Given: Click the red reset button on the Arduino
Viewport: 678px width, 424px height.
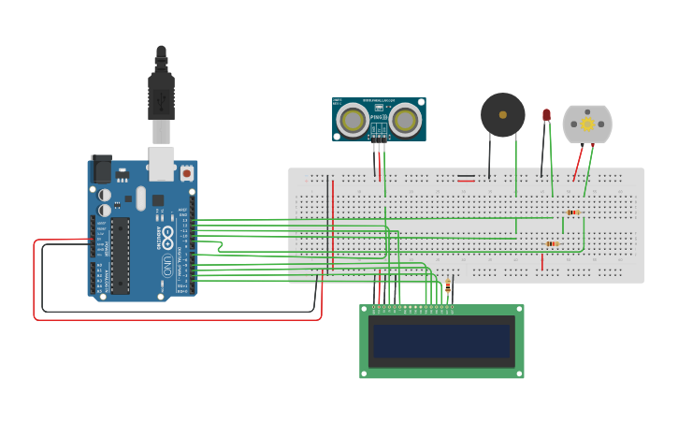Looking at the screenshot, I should (x=186, y=173).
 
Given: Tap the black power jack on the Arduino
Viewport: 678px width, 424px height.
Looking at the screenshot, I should (x=101, y=168).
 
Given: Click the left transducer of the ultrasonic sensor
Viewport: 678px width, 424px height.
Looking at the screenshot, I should (x=353, y=120).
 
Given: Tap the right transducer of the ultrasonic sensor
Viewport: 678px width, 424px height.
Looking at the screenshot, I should (x=405, y=120).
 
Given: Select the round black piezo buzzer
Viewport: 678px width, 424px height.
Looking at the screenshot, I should (x=503, y=114).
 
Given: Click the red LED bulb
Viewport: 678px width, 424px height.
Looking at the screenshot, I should (x=546, y=115).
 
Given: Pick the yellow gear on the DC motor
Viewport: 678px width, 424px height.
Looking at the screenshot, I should (x=587, y=124).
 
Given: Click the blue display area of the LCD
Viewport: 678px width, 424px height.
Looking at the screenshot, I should (x=441, y=342).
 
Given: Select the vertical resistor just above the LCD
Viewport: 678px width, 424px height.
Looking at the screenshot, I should (x=448, y=287).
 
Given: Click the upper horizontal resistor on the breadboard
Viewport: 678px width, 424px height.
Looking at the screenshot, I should (x=572, y=212).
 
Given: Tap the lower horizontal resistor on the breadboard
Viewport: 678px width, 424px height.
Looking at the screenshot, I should (x=552, y=243).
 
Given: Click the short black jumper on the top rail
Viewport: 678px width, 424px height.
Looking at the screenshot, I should (x=466, y=175).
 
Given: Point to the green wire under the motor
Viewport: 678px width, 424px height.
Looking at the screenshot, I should (x=588, y=168).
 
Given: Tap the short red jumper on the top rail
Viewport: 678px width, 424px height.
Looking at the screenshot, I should (x=466, y=180).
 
